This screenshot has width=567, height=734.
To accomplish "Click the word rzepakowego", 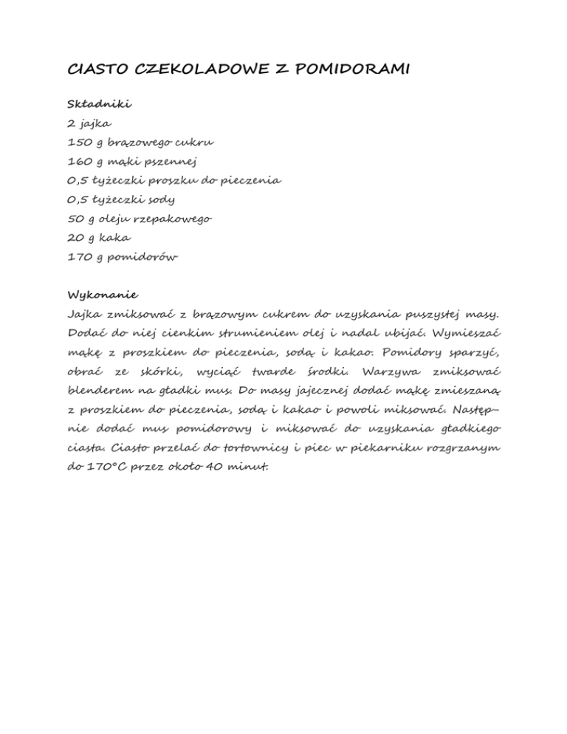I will click(x=176, y=219).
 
